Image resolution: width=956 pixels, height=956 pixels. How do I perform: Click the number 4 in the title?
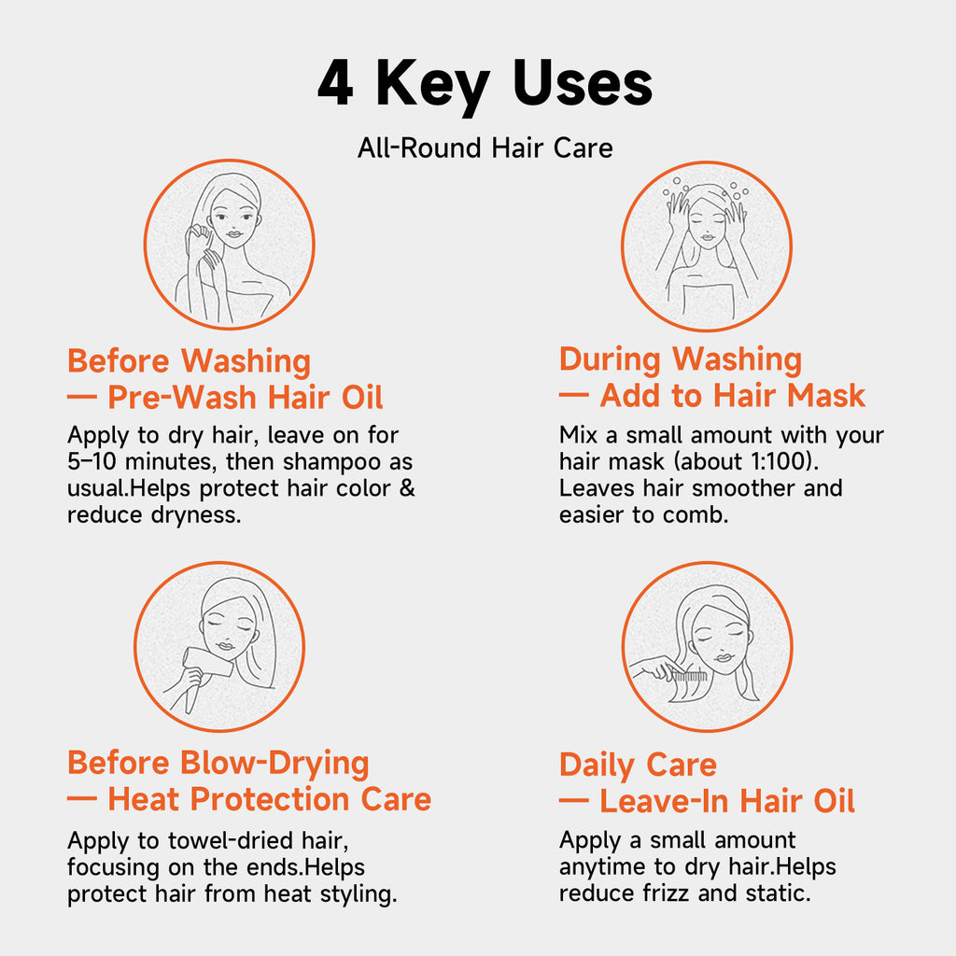[335, 84]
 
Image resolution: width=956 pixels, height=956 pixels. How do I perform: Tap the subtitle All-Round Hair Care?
[485, 148]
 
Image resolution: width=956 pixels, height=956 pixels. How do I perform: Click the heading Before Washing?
[189, 360]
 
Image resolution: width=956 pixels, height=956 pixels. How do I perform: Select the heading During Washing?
[680, 358]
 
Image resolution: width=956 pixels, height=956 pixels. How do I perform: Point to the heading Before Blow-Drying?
[218, 763]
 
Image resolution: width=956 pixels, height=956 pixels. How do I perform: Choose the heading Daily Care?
[638, 765]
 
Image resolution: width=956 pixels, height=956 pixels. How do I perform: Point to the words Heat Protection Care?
[269, 799]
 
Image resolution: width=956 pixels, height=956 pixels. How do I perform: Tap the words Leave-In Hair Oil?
[726, 801]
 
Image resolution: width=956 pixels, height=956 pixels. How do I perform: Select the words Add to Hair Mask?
[732, 396]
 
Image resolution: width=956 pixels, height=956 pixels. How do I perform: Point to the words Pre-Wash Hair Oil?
[245, 398]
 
